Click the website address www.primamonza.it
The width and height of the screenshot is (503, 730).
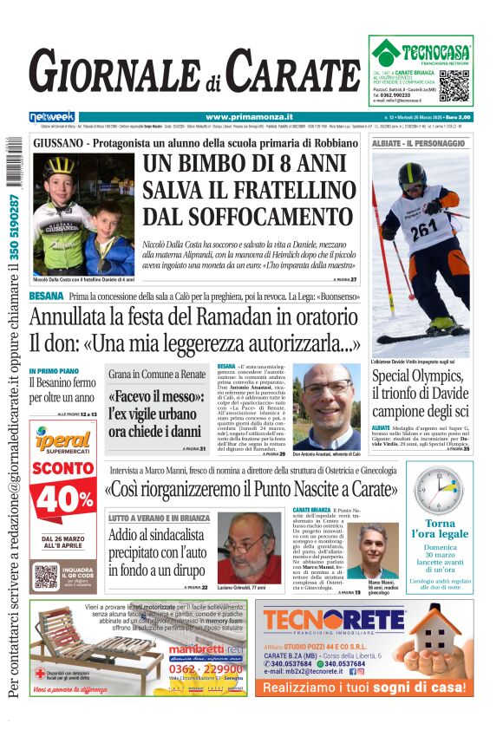point(250,116)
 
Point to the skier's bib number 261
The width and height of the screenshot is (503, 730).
point(421,231)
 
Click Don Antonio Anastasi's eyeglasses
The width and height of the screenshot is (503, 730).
point(327,387)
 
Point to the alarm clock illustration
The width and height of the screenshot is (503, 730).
point(440,490)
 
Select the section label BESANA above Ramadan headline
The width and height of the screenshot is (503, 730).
point(46,297)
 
